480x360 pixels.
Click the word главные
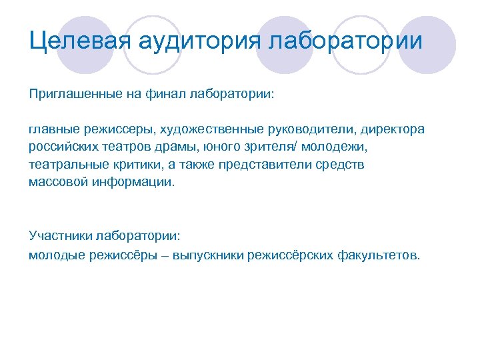click(x=53, y=129)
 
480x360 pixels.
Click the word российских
click(x=61, y=146)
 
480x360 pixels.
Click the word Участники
click(x=59, y=236)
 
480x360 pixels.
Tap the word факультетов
click(x=379, y=254)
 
